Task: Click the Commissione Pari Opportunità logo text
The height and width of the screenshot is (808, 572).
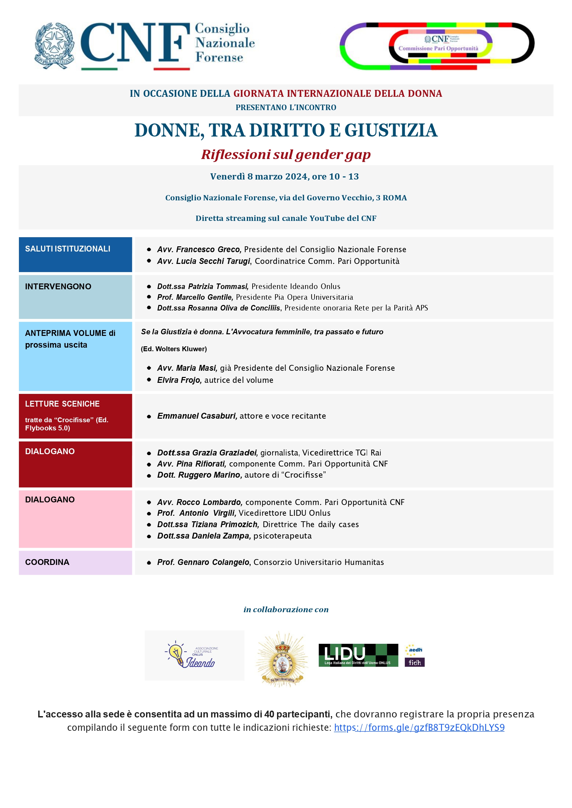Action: [438, 48]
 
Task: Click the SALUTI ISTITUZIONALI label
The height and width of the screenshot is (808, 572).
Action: [67, 249]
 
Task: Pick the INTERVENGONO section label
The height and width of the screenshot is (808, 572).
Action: [58, 287]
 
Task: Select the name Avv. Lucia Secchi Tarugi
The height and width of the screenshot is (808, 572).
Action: [204, 261]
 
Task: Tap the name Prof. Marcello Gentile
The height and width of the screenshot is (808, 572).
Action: [195, 297]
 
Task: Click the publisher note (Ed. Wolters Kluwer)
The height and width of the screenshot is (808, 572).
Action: [174, 349]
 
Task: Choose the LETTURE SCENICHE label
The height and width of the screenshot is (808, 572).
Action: [62, 404]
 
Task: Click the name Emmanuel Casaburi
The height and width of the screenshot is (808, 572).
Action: [197, 416]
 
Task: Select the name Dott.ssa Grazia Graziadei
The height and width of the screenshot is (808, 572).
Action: [207, 453]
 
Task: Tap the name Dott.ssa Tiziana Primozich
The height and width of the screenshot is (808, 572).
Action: [208, 525]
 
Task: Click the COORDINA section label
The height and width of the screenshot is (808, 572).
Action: [47, 562]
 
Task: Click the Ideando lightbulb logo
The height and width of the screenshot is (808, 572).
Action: [190, 655]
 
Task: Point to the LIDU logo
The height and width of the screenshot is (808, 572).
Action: [358, 655]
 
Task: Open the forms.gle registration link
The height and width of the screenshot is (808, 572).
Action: [419, 728]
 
